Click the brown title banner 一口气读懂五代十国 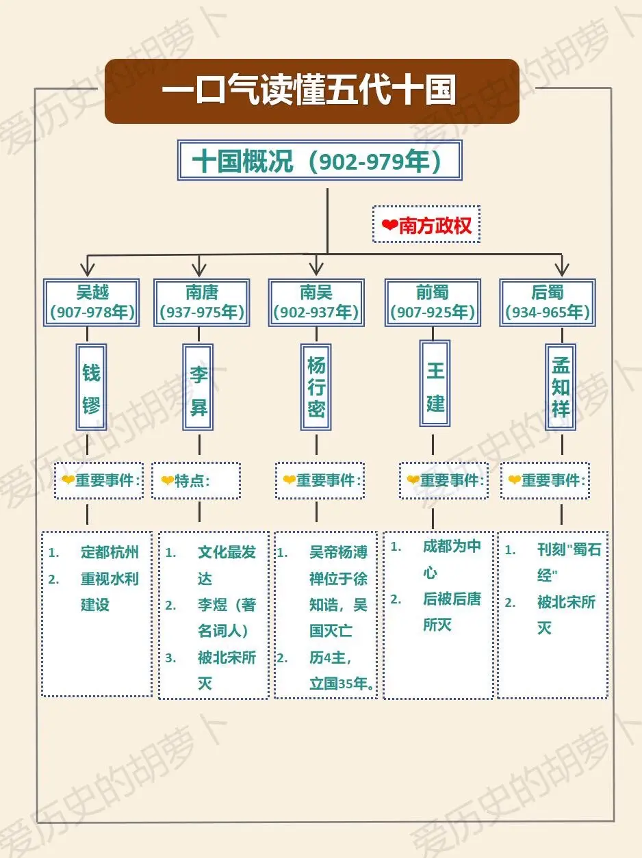click(312, 91)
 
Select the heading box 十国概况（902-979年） click(320, 160)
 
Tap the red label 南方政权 click(435, 225)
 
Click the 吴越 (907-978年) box click(92, 302)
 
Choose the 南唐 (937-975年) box click(202, 302)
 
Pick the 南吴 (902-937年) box click(316, 302)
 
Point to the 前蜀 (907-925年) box click(433, 302)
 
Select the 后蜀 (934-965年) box click(548, 302)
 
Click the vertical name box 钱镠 click(91, 387)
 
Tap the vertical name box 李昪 click(198, 387)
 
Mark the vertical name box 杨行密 click(316, 387)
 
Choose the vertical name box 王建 click(435, 383)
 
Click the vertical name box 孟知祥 click(561, 387)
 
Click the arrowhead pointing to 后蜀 click(562, 270)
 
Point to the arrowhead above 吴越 click(88, 270)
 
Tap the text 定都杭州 click(110, 552)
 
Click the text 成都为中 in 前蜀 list click(452, 546)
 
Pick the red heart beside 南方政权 click(390, 224)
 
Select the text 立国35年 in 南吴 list click(339, 684)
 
